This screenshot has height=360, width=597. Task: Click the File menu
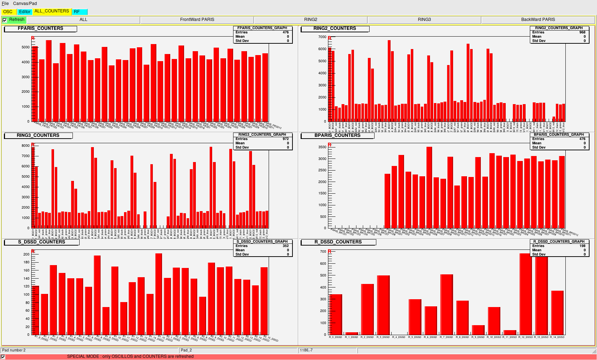(5, 4)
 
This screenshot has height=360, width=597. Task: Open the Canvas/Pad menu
(25, 4)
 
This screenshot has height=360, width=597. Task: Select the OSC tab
(8, 12)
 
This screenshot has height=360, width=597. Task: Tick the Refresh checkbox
(5, 20)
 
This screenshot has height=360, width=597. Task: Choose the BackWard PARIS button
(538, 20)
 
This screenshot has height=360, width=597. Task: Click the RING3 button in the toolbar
(424, 20)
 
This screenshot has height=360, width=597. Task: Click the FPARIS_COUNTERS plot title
(41, 28)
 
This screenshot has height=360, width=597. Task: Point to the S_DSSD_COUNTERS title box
(42, 242)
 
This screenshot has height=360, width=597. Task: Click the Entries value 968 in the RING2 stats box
(582, 32)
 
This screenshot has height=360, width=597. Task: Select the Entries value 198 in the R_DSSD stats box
(582, 246)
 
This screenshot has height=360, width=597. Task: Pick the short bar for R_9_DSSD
(478, 330)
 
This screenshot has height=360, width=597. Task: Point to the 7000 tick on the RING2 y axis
(322, 37)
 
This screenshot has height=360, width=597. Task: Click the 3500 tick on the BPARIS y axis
(322, 147)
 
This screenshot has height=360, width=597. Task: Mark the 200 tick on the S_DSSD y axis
(26, 254)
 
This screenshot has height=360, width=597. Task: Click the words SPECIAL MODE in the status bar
(84, 356)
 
